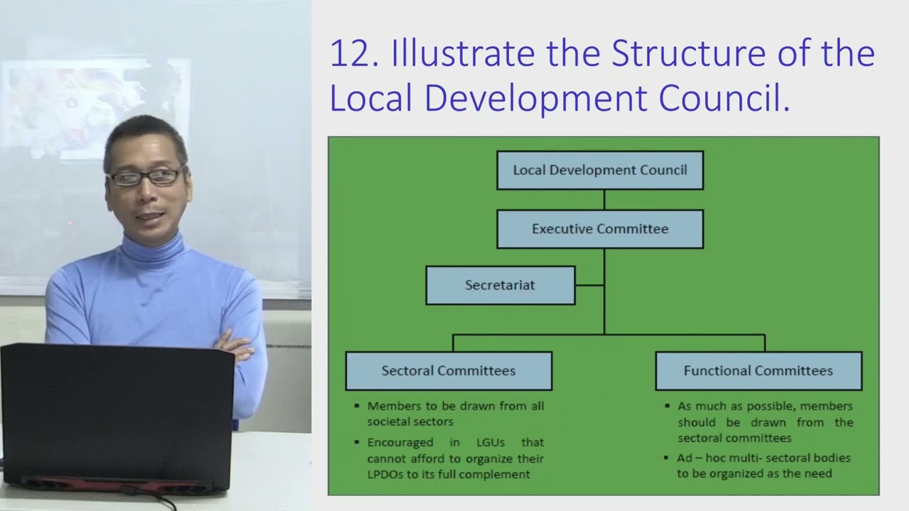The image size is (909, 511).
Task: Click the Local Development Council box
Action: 600,170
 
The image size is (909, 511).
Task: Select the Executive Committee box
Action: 600,229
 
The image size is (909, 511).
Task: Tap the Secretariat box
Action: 500,285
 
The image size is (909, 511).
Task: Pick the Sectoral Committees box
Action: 448,370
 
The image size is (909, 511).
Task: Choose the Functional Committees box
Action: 758,370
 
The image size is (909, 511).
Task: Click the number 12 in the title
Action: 352,55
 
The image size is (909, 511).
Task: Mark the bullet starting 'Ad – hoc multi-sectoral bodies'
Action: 763,466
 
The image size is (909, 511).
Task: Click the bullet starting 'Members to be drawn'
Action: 455,414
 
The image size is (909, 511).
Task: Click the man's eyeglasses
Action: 146,177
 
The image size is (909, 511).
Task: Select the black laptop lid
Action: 117,412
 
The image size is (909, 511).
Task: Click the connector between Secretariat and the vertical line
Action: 589,285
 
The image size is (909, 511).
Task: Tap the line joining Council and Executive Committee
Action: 604,199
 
